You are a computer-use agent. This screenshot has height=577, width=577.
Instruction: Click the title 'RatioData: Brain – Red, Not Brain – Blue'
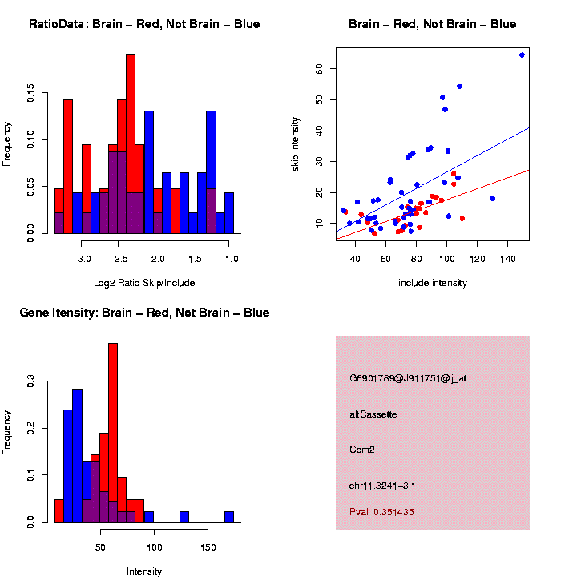click(x=144, y=24)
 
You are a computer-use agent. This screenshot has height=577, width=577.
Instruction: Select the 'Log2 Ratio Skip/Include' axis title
click(x=143, y=282)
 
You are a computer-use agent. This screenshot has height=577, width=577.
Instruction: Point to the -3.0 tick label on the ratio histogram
click(x=83, y=259)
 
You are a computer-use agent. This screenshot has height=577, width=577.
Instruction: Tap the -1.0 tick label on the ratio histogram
click(x=229, y=259)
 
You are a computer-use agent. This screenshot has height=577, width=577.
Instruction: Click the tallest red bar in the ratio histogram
click(x=131, y=144)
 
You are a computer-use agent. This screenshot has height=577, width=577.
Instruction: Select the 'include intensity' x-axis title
click(x=433, y=283)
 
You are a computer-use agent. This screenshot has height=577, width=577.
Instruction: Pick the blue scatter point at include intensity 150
click(x=522, y=55)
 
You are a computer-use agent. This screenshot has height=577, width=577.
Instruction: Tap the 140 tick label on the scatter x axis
click(x=507, y=259)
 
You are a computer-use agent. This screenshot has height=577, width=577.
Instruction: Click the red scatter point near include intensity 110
click(x=462, y=218)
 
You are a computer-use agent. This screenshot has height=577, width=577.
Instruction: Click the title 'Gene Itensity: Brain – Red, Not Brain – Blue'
click(x=144, y=313)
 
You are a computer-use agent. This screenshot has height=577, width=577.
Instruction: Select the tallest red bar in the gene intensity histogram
click(x=113, y=433)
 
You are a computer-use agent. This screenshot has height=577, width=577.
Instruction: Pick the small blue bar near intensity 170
click(x=229, y=517)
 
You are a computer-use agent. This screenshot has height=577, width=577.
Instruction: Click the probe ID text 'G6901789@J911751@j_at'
click(x=408, y=378)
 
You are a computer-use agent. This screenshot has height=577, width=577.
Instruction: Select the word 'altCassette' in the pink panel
click(x=373, y=414)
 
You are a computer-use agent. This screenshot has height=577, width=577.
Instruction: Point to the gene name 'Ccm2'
click(x=362, y=450)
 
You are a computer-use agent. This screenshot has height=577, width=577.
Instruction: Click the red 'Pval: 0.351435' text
click(x=381, y=512)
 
